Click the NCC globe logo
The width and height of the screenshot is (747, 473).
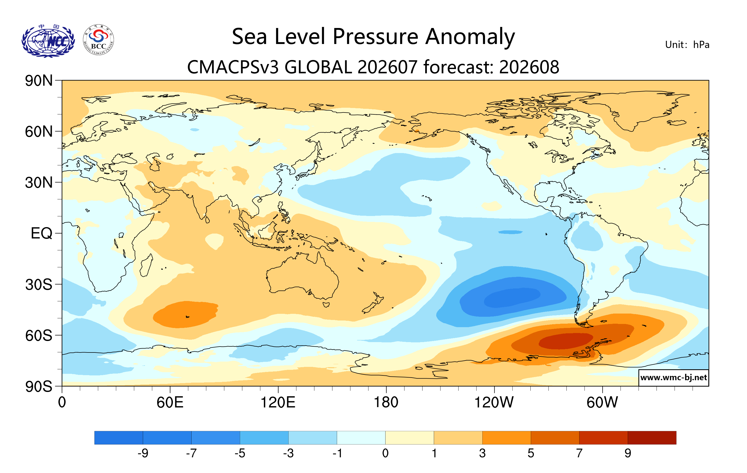pyautogui.click(x=48, y=41)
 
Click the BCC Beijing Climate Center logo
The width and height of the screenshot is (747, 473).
pyautogui.click(x=98, y=40)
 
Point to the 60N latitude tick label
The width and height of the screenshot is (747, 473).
pyautogui.click(x=39, y=131)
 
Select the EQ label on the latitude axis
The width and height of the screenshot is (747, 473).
pyautogui.click(x=42, y=233)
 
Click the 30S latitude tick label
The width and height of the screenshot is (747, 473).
pyautogui.click(x=39, y=284)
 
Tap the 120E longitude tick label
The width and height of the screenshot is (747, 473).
pyautogui.click(x=278, y=402)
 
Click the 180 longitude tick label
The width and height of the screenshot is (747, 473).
pyautogui.click(x=386, y=402)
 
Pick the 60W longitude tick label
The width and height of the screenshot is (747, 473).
pyautogui.click(x=602, y=402)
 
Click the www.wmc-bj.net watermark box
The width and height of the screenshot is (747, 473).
pyautogui.click(x=673, y=378)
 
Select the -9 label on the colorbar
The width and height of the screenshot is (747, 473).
pyautogui.click(x=143, y=453)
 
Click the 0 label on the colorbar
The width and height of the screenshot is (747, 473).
pyautogui.click(x=385, y=453)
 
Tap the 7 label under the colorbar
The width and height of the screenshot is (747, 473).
pyautogui.click(x=579, y=453)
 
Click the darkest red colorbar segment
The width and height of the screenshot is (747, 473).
pyautogui.click(x=652, y=437)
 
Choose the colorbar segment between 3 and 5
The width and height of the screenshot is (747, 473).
pyautogui.click(x=507, y=437)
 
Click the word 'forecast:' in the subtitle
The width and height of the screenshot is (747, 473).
pyautogui.click(x=458, y=67)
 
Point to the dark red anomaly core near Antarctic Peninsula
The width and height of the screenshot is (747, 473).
pyautogui.click(x=565, y=341)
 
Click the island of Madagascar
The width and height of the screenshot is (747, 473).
pyautogui.click(x=146, y=265)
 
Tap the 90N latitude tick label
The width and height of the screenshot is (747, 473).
pyautogui.click(x=39, y=81)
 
